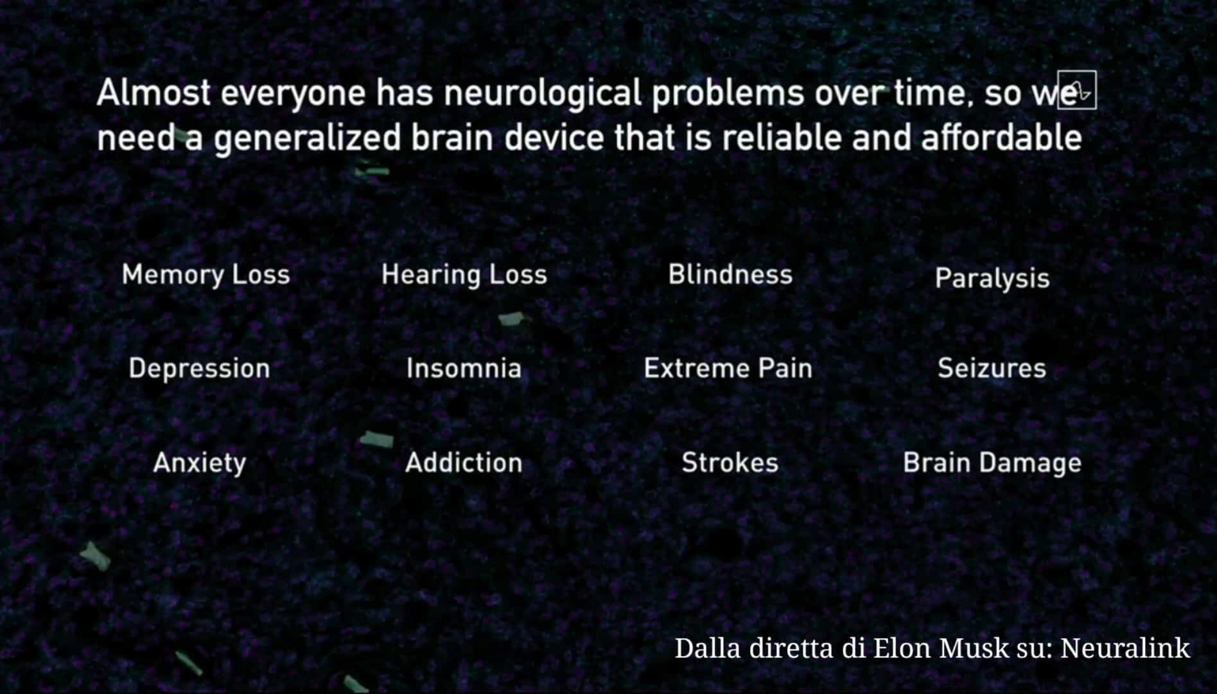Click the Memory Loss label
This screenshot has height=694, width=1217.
(206, 275)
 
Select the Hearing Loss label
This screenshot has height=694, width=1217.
(464, 275)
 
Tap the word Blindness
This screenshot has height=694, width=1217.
(730, 274)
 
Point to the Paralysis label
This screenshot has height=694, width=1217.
(992, 279)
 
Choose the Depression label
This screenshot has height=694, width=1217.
(200, 369)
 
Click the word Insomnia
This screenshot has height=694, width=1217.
(464, 368)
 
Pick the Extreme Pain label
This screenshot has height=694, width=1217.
(728, 368)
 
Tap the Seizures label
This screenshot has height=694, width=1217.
(992, 368)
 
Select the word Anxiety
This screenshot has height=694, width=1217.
(200, 463)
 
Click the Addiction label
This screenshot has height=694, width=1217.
(464, 463)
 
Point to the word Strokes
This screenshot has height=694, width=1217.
(730, 463)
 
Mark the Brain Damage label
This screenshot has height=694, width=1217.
(992, 463)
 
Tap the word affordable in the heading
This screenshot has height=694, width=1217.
(1002, 138)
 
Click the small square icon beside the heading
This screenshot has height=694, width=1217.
(1077, 90)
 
